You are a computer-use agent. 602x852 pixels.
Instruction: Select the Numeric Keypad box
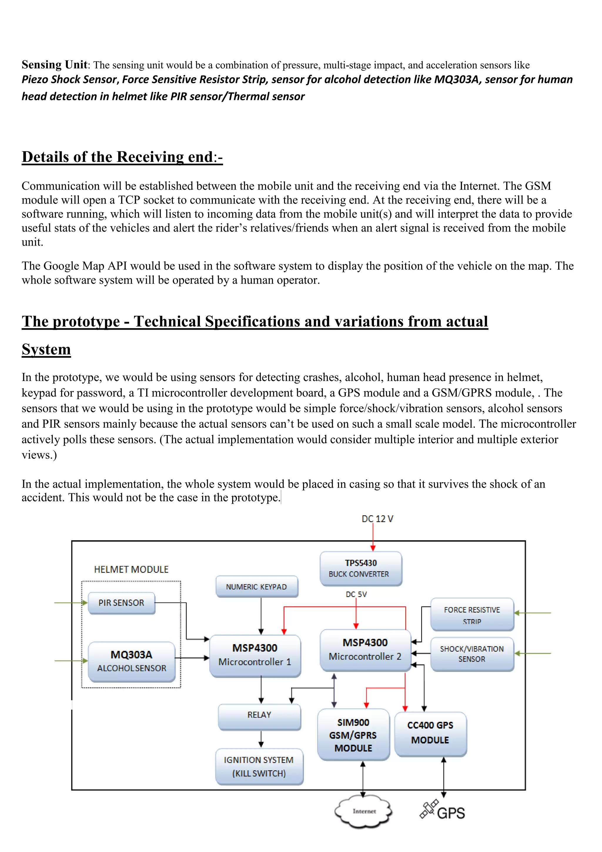point(257,587)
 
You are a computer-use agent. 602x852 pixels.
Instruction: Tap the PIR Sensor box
point(121,603)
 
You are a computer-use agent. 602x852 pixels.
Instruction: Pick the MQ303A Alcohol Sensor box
point(132,661)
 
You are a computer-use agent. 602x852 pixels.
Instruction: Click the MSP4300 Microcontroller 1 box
point(255,655)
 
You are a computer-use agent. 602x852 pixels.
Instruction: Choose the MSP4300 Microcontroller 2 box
point(365,650)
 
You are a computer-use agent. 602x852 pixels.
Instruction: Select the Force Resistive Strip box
point(472,614)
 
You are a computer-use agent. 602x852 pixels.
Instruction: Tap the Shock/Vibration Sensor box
point(472,654)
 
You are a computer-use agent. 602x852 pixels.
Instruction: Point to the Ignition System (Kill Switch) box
point(259,767)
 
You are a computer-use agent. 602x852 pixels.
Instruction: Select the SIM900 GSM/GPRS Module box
point(353,735)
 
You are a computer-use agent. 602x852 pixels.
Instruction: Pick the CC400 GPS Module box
point(430,733)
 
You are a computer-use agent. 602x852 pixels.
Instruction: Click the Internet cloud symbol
point(364,811)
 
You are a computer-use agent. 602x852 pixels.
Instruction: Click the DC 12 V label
point(377,519)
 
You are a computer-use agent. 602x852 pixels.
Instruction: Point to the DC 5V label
point(356,594)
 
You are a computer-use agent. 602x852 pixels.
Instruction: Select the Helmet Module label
point(131,569)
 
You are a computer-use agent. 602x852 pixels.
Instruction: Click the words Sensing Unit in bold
point(54,65)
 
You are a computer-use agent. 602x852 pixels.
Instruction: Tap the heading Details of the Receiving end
point(122,157)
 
